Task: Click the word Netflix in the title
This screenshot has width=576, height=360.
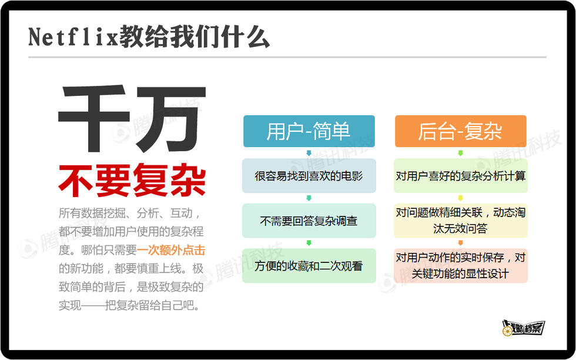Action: tap(73, 38)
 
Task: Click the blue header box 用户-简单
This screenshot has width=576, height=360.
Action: tap(309, 131)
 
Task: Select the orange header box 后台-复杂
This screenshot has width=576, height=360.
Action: tap(461, 131)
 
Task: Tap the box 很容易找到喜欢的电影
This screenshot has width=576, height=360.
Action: tap(309, 176)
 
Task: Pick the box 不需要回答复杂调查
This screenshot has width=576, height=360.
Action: tap(309, 221)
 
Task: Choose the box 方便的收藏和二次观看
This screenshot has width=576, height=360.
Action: tap(309, 265)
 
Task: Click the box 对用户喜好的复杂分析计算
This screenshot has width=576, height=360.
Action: tap(461, 176)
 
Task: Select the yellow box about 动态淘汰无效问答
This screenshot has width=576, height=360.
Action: tap(461, 221)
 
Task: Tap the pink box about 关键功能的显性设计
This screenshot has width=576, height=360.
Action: tap(461, 265)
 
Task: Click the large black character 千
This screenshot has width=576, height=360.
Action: tap(95, 118)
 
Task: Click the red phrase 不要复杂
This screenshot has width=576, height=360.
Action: tap(132, 180)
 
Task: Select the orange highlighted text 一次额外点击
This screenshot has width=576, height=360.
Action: tap(171, 250)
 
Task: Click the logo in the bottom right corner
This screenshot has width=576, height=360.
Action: tap(523, 328)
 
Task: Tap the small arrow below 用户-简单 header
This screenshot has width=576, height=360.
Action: tap(309, 153)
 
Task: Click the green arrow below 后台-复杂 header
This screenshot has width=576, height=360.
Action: tap(461, 153)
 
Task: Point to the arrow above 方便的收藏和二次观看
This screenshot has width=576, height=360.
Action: tap(309, 243)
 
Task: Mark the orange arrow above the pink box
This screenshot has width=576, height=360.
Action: tap(461, 243)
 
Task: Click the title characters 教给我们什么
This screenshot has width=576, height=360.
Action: tap(195, 37)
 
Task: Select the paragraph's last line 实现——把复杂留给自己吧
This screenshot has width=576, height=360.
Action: tap(129, 305)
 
